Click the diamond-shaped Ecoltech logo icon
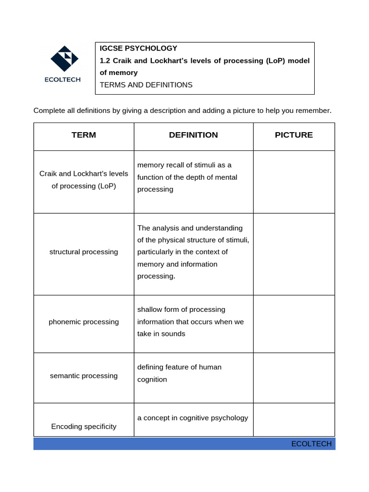(x=64, y=59)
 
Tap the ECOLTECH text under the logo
(x=62, y=80)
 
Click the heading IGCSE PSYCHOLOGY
(x=138, y=48)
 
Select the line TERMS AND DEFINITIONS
(x=146, y=85)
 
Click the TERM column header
(x=84, y=135)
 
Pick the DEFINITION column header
(x=193, y=135)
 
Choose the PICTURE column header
(x=294, y=135)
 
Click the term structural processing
(x=84, y=252)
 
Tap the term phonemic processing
(x=84, y=322)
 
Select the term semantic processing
(x=84, y=376)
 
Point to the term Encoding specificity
(x=84, y=426)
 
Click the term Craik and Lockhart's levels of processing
(x=84, y=179)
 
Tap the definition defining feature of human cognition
(x=179, y=373)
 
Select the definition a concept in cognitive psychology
(x=193, y=418)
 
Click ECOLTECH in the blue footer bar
(x=311, y=443)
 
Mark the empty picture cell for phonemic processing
(x=294, y=324)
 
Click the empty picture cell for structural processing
(x=294, y=254)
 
